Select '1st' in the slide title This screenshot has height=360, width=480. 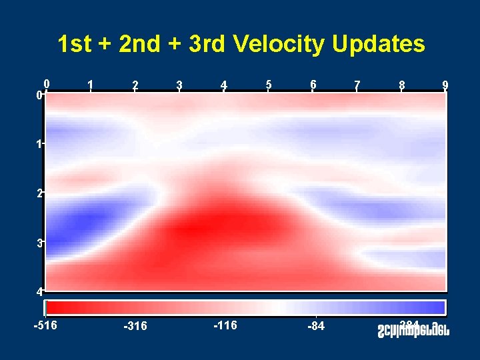pos(74,44)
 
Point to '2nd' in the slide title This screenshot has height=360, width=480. pos(140,44)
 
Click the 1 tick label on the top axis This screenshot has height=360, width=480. pos(91,85)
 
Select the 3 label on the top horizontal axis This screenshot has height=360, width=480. pos(179,85)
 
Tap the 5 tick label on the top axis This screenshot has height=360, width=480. pos(268,85)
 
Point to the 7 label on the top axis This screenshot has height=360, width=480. pos(357,85)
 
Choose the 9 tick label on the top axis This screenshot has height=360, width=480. pos(445,85)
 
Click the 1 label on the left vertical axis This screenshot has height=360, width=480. pos(39,144)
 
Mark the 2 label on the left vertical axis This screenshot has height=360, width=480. pos(39,193)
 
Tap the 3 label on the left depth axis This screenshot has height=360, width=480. pos(39,243)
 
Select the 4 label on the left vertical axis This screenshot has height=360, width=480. pos(39,291)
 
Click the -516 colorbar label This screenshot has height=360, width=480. pos(45,325)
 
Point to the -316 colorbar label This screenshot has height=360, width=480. pos(135,326)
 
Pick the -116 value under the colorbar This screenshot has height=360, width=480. pos(225,325)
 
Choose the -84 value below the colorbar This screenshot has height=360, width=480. pos(316,326)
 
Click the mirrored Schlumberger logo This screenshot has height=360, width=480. pos(411,328)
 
